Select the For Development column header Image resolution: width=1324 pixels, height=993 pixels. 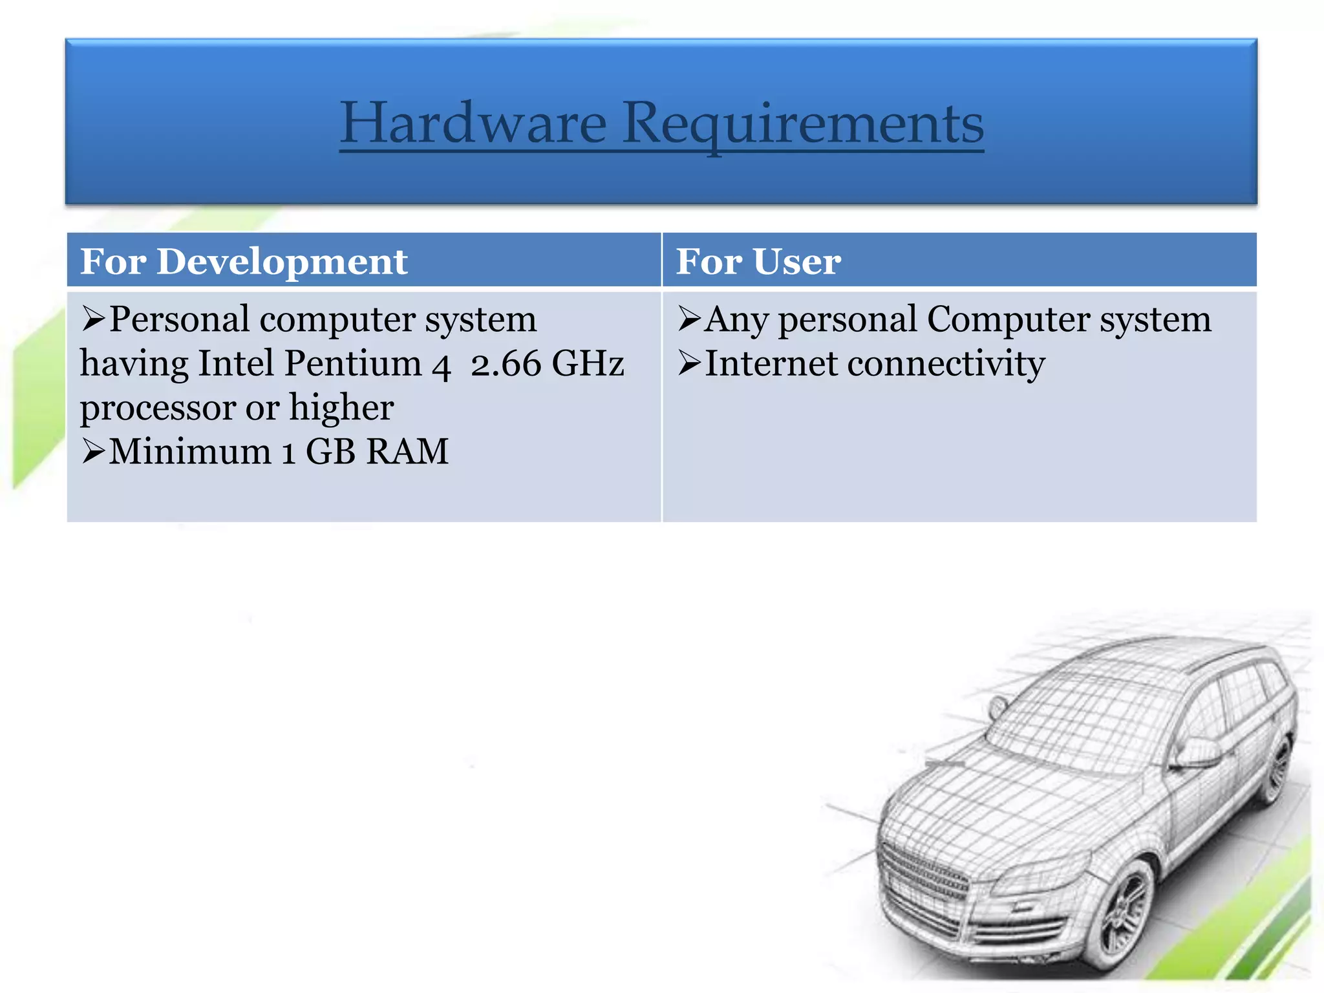click(244, 261)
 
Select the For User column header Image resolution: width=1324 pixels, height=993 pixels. click(758, 261)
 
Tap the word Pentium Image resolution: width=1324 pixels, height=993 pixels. click(353, 363)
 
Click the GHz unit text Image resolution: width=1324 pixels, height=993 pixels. click(588, 363)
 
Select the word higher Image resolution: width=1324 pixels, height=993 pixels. click(341, 407)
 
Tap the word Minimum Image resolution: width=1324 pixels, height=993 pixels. click(189, 451)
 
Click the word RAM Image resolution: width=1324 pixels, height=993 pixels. click(407, 451)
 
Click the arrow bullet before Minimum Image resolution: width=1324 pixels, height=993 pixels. click(93, 451)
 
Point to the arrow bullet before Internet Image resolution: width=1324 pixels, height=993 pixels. click(689, 363)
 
